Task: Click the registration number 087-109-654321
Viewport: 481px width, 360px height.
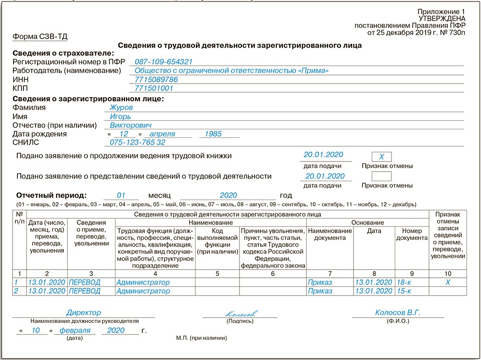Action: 164,62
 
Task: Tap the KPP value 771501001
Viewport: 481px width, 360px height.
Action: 154,88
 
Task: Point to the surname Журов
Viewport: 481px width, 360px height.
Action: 121,108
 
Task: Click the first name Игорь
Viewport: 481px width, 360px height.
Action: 121,116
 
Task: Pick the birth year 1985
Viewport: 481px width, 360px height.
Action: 213,134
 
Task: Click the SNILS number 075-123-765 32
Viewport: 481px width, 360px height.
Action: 138,143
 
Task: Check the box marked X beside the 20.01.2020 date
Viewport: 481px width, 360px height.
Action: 382,157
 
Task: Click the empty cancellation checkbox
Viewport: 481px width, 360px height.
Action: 382,176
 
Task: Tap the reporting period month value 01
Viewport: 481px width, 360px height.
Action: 121,196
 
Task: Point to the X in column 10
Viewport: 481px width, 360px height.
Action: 448,282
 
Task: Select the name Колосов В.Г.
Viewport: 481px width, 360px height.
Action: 398,313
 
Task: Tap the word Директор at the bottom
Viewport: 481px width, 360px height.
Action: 84,313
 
